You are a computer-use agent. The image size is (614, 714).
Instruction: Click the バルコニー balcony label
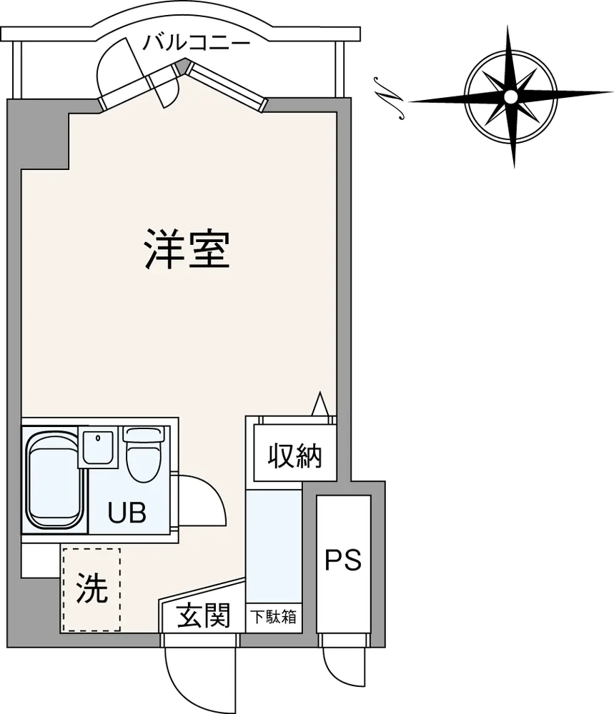197,44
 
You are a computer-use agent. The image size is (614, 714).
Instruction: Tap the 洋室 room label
187,250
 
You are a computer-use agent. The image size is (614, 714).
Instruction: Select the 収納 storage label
295,456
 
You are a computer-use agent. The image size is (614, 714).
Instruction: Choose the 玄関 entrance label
203,615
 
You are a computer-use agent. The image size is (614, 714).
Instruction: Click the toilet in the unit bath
142,454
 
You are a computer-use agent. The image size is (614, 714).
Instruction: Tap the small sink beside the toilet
98,447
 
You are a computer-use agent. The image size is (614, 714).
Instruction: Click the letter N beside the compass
388,99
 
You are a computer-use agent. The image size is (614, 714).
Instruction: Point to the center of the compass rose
511,96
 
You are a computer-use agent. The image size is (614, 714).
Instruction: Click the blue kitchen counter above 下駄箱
274,546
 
